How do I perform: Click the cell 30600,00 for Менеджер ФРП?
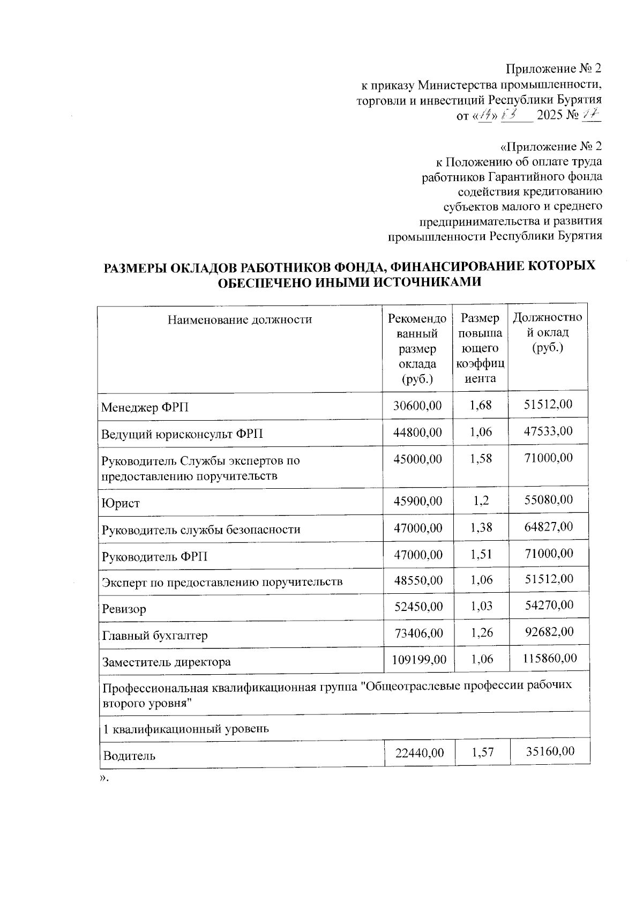click(x=417, y=406)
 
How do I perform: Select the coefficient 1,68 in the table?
click(x=481, y=405)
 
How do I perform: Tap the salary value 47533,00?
click(x=548, y=431)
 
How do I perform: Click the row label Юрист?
click(x=121, y=503)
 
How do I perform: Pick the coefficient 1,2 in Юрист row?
click(x=481, y=501)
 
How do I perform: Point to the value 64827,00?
click(x=548, y=527)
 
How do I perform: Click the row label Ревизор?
click(x=124, y=609)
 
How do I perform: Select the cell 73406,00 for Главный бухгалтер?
click(x=418, y=633)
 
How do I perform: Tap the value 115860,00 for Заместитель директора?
click(x=550, y=658)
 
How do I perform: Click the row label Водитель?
click(x=129, y=756)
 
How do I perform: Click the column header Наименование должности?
click(x=240, y=320)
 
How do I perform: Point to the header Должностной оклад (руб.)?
click(x=547, y=332)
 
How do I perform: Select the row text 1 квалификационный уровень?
click(x=185, y=729)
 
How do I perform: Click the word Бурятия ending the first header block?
click(x=580, y=100)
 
